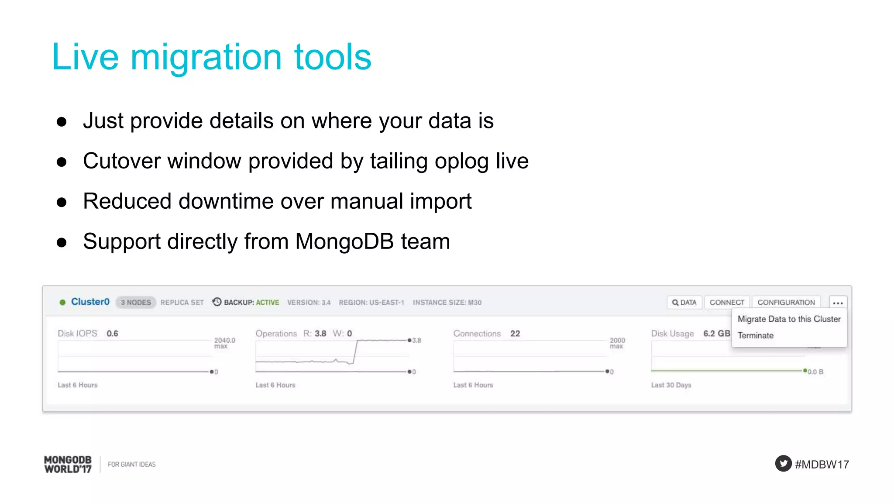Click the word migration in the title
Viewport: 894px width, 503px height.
(206, 57)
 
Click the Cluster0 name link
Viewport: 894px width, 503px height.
(90, 302)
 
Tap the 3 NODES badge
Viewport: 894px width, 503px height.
(136, 302)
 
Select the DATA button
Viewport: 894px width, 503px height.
(684, 302)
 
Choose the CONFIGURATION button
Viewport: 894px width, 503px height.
(786, 302)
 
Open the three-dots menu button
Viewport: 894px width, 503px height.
(837, 303)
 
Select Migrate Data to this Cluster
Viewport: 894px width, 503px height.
(789, 319)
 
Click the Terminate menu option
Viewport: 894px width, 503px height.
(756, 335)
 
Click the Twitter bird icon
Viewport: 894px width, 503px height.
(783, 463)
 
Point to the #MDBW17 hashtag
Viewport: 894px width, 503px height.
(822, 464)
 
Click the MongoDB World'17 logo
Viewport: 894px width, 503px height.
(68, 464)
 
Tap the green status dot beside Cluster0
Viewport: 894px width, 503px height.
(62, 302)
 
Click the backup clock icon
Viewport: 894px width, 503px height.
(217, 302)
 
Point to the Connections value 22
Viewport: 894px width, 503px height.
(515, 334)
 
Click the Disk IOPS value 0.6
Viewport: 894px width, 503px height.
(112, 334)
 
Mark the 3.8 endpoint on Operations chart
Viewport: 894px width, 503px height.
(409, 340)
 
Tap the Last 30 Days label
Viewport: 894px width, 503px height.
(671, 385)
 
